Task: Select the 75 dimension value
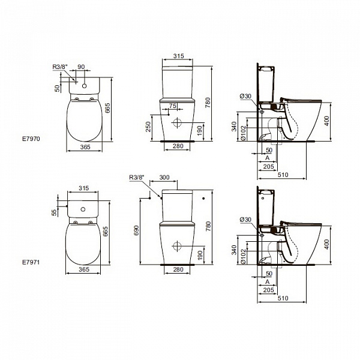click(173, 106)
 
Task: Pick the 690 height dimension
click(137, 230)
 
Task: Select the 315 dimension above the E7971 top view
click(83, 188)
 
